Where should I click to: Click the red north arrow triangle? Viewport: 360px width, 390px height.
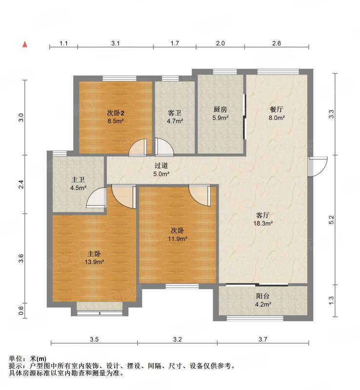click(25, 44)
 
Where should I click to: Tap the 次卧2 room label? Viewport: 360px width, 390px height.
click(116, 113)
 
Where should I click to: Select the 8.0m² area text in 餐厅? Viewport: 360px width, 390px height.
click(277, 117)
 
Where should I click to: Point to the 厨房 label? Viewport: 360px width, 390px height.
click(220, 109)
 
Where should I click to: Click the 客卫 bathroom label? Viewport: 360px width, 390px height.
click(175, 113)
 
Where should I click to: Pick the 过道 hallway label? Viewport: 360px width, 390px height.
click(161, 165)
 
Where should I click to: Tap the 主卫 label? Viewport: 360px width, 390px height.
click(78, 179)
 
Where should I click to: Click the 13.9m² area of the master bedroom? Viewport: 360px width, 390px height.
click(94, 262)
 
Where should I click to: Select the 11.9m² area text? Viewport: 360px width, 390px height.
click(178, 238)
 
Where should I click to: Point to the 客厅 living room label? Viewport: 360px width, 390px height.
click(262, 215)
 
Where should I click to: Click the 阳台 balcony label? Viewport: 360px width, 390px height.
click(263, 296)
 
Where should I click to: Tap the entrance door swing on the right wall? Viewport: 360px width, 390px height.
click(318, 166)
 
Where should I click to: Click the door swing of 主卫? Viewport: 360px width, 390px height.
click(96, 197)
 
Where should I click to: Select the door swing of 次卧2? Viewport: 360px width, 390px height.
click(138, 148)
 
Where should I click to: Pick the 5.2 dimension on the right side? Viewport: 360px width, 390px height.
click(331, 220)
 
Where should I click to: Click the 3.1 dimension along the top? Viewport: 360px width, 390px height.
click(116, 43)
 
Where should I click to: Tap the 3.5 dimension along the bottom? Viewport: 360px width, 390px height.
click(94, 339)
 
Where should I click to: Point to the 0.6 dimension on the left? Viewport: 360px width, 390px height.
click(21, 311)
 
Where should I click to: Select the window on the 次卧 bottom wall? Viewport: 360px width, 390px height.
click(182, 286)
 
